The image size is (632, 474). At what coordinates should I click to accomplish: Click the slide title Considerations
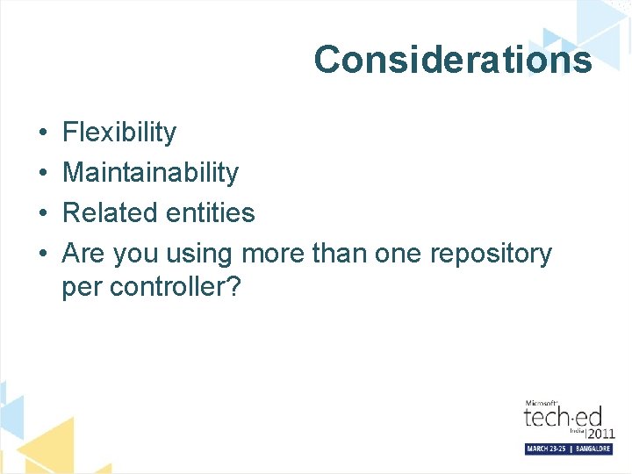[x=453, y=60]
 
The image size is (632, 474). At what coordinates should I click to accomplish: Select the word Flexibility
[x=119, y=133]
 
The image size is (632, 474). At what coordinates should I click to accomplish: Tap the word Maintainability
[x=150, y=173]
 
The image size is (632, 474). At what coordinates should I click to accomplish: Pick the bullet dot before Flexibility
[x=42, y=133]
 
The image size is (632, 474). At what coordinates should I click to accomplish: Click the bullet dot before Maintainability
[x=42, y=174]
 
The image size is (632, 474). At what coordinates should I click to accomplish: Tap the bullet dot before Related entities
[x=42, y=213]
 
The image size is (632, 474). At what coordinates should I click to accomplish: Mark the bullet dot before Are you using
[x=42, y=255]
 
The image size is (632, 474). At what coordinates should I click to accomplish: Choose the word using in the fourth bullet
[x=201, y=255]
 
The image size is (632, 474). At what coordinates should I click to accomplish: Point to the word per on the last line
[x=80, y=287]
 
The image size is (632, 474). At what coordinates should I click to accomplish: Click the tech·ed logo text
[x=563, y=416]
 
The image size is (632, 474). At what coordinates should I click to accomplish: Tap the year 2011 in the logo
[x=600, y=433]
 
